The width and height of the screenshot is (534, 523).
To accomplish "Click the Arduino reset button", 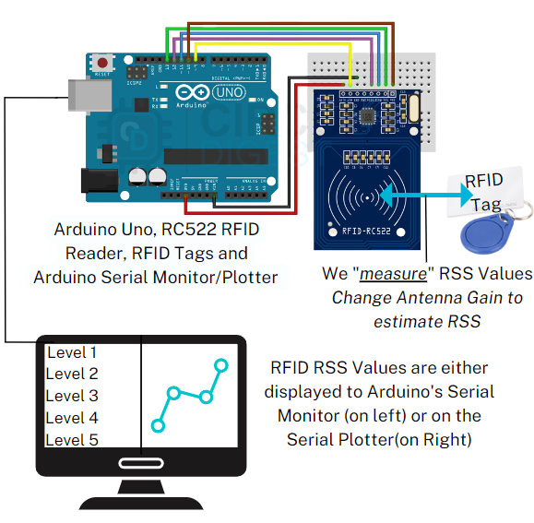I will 103,65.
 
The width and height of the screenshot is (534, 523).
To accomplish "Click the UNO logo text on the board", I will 227,92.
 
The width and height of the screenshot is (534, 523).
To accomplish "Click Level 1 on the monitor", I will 72,352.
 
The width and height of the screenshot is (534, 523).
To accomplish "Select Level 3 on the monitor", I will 72,396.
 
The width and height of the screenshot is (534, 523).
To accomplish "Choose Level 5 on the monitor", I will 72,440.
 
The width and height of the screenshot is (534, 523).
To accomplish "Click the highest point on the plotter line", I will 220,365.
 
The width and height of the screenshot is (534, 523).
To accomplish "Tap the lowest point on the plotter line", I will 158,426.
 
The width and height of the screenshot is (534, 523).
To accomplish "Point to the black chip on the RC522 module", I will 368,114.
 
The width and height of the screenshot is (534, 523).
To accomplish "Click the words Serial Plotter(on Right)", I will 379,440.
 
